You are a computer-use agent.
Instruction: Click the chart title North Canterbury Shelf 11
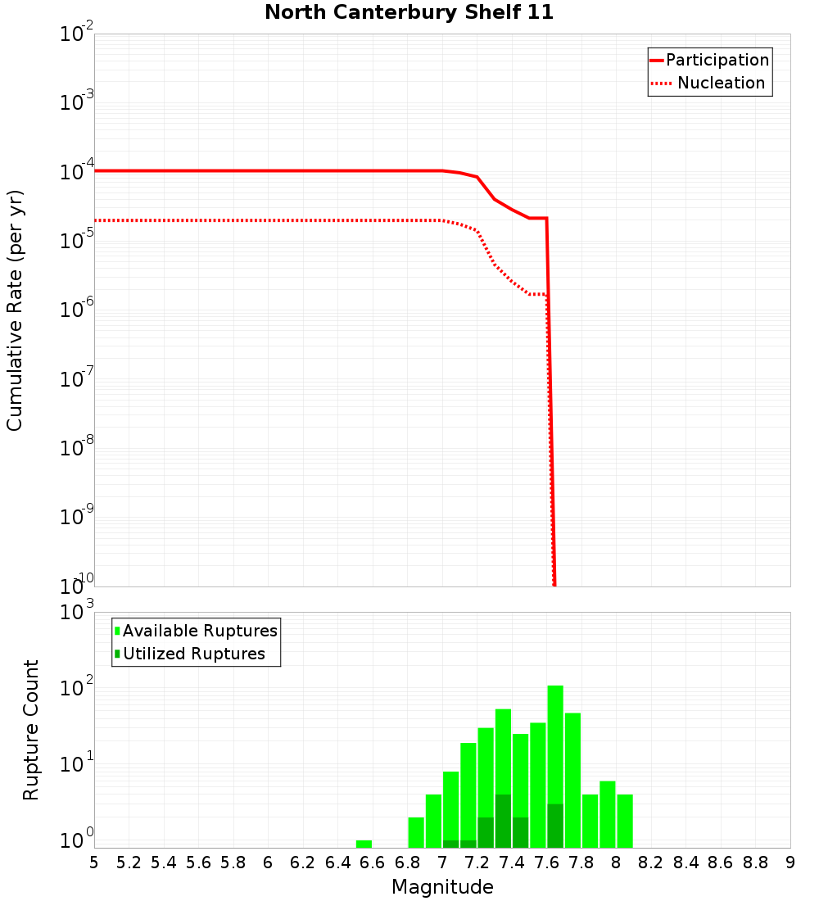(409, 13)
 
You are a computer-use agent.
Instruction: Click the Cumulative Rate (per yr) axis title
(15, 310)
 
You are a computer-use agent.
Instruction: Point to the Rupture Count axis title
(31, 730)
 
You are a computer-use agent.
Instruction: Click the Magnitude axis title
(442, 886)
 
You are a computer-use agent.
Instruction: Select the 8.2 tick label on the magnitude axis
(651, 862)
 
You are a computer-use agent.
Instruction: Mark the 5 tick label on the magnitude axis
(94, 862)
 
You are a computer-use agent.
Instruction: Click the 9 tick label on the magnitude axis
(790, 862)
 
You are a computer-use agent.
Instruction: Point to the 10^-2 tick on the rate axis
(77, 34)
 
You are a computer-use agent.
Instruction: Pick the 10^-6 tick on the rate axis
(77, 310)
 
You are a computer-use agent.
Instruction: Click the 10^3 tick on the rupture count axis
(77, 613)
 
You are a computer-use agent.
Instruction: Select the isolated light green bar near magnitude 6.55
(364, 844)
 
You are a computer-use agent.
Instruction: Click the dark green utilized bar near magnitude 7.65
(555, 826)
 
